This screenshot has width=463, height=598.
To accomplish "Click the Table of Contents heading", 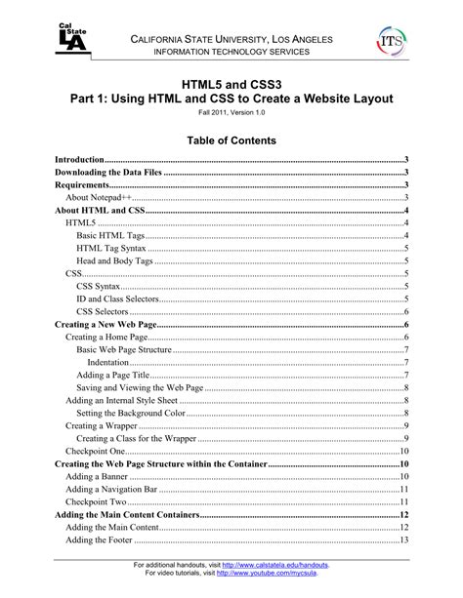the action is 231,140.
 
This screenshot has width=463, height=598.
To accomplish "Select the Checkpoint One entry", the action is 95,451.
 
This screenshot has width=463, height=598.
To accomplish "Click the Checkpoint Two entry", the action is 95,501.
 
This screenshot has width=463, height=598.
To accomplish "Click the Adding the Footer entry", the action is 103,539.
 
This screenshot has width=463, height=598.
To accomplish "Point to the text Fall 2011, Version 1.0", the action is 231,113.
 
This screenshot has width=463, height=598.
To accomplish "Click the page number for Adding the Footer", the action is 402,539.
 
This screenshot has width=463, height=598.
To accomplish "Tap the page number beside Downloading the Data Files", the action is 404,172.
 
